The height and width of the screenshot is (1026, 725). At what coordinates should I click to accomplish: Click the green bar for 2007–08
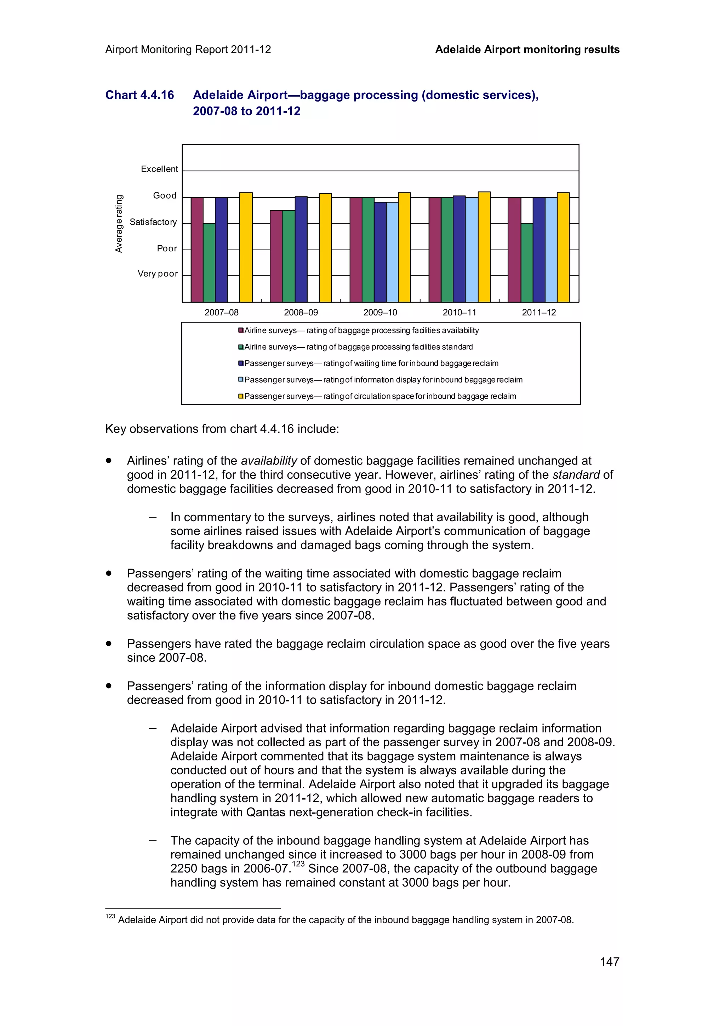coord(209,262)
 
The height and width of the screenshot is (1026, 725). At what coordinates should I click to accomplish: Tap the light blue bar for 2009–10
coord(392,252)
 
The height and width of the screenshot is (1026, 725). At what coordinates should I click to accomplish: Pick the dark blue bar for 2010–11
coord(459,249)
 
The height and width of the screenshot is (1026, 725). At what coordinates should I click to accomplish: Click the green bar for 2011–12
coord(527,262)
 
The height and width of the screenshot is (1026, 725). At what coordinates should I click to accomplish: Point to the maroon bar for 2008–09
coord(276,256)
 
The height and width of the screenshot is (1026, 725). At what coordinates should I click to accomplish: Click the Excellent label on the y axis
coord(159,169)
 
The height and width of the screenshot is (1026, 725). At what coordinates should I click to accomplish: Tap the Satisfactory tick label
coord(153,222)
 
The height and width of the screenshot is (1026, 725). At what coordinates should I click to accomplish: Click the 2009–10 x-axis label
coord(380,312)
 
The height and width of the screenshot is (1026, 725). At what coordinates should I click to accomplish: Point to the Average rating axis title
coord(119,223)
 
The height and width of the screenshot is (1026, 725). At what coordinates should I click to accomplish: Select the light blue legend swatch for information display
coord(241,380)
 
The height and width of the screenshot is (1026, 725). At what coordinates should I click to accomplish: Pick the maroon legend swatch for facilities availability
coord(241,330)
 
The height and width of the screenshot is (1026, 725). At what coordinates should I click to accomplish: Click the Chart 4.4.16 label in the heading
coord(139,95)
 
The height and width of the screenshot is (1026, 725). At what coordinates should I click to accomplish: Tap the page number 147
coord(609,962)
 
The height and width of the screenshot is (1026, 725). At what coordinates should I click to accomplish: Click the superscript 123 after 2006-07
coord(298,864)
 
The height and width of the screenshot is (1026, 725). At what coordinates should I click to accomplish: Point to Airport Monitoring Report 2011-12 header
coord(188,50)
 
